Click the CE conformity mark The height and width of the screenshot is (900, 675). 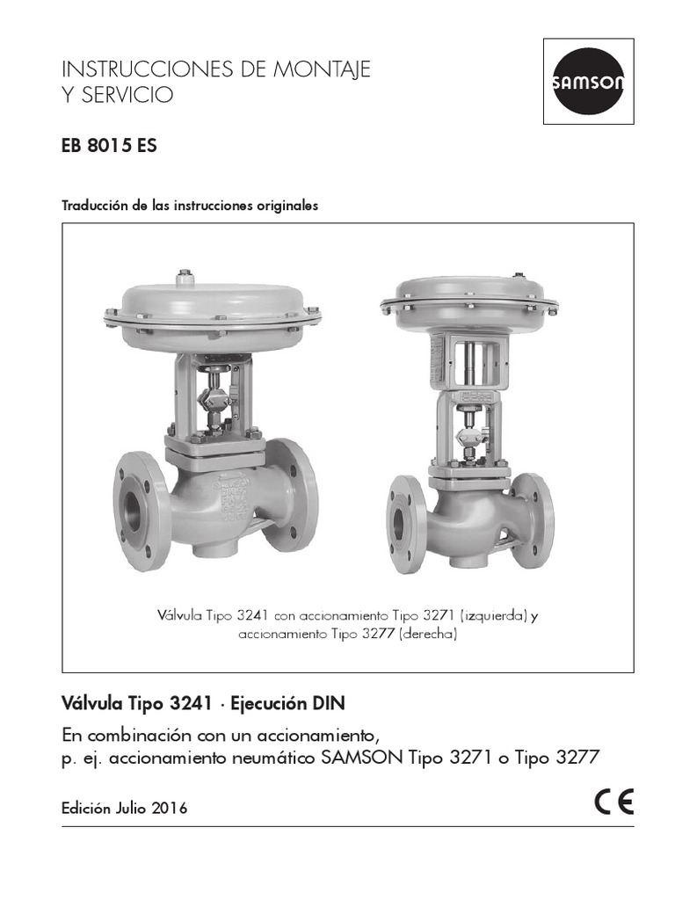[613, 804]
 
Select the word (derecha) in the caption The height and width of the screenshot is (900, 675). [428, 634]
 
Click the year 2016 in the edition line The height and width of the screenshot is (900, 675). [169, 809]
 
